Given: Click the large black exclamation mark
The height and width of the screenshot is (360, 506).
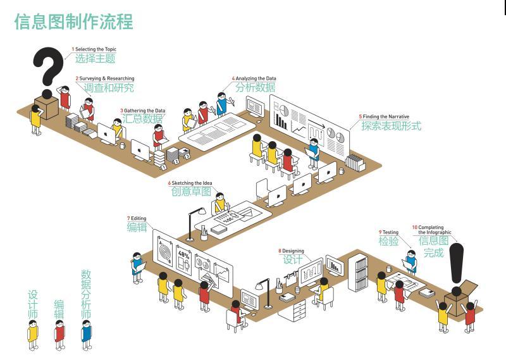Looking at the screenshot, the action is pos(456,264).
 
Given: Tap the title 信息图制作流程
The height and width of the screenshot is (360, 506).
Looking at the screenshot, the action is pos(73,22).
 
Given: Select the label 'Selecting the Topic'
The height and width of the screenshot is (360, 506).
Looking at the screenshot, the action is pos(96,49).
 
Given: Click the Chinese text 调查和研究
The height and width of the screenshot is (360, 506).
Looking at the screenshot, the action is pos(109,87).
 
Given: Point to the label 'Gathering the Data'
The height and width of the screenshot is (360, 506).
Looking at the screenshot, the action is pos(145,111).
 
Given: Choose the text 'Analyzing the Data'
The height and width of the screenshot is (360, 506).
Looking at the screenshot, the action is pos(256,78).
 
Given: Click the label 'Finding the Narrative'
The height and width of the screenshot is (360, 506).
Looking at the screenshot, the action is pos(386,116).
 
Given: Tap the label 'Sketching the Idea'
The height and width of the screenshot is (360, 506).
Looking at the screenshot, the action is pos(192,183).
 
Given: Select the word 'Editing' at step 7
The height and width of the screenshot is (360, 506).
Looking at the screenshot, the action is pos(139,218).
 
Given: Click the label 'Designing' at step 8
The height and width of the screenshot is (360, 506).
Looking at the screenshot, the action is pos(293,251).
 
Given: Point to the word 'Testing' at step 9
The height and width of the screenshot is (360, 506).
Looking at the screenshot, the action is pos(390,232).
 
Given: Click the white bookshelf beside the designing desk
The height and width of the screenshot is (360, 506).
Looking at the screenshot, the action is pos(358,272).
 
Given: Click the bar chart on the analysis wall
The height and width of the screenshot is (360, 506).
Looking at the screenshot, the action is pos(281,121).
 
